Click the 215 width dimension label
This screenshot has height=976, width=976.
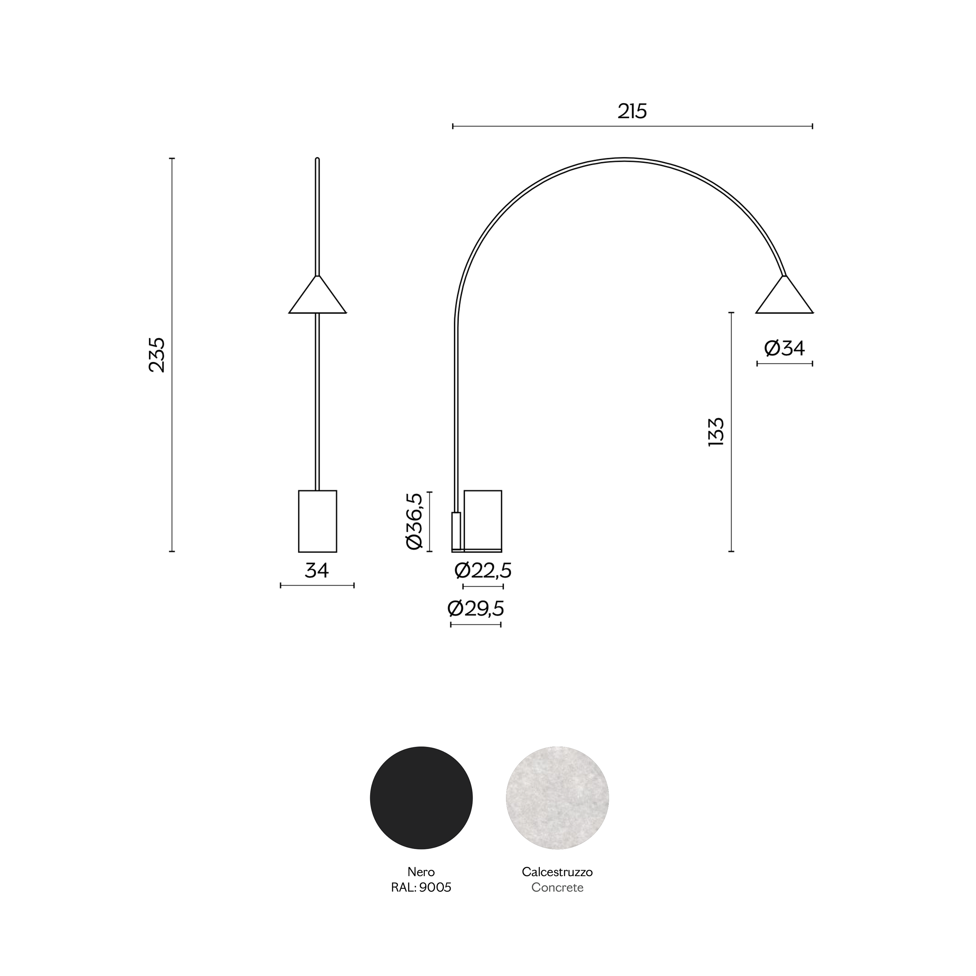632,111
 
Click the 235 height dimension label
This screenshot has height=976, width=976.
157,355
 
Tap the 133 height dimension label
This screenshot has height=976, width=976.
716,432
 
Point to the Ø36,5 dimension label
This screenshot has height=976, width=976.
414,521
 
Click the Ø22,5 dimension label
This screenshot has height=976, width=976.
483,571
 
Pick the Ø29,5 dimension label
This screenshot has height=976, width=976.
476,609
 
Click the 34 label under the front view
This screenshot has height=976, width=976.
317,571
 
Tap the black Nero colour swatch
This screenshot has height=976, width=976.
421,798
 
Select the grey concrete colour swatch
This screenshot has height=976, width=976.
557,798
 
